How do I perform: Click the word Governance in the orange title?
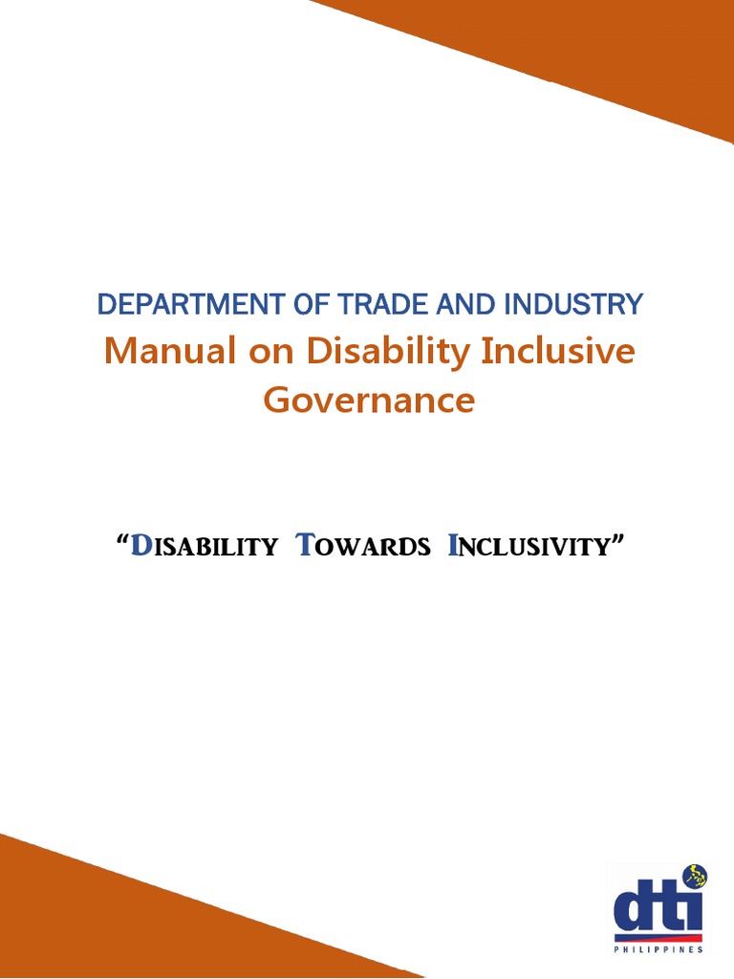(x=369, y=400)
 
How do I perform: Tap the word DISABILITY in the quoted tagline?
(x=204, y=547)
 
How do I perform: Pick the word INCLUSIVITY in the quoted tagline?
(x=529, y=547)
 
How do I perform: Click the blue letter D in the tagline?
(x=140, y=546)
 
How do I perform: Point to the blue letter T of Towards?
(x=305, y=546)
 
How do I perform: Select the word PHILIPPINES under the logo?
(x=658, y=950)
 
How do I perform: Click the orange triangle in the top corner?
(x=612, y=48)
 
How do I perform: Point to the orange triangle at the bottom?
(x=115, y=918)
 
